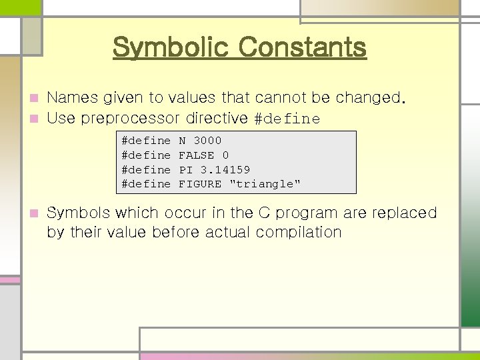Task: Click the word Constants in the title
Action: click(x=302, y=47)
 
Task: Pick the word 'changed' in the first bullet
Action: click(x=367, y=98)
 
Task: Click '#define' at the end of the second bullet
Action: click(x=287, y=119)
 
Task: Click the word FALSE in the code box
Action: click(x=197, y=155)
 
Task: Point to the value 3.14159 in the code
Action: click(x=225, y=169)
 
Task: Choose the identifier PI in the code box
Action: click(x=186, y=169)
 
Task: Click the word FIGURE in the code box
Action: click(x=200, y=184)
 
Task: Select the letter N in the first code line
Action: click(x=182, y=141)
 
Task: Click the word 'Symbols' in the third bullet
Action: click(x=79, y=213)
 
